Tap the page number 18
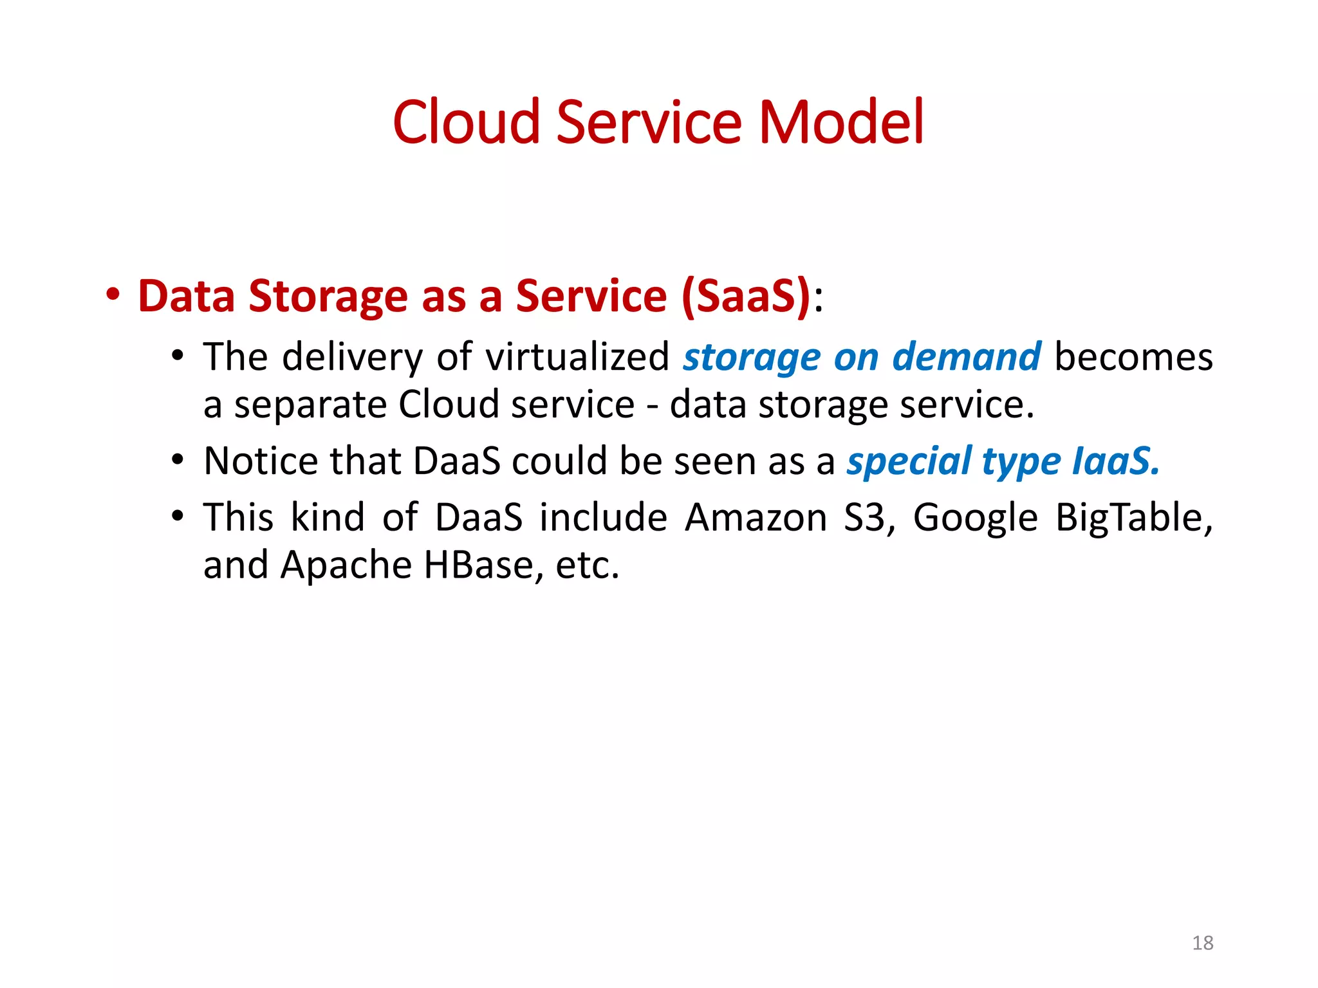[1202, 943]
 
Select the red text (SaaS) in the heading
[746, 297]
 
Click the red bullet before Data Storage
[113, 295]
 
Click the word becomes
[1133, 357]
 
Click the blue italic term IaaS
[1116, 461]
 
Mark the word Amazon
[756, 518]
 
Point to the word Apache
[346, 566]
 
